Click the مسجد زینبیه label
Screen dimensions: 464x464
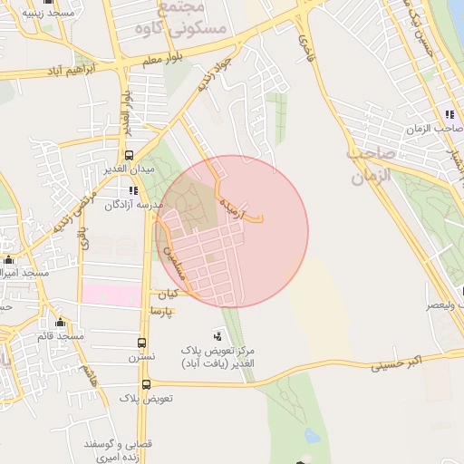32,14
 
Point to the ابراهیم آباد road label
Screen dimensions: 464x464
58,71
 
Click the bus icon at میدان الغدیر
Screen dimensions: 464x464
129,154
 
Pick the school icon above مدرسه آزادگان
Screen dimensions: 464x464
133,190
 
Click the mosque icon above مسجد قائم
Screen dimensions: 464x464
61,323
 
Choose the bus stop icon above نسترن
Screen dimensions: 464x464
141,343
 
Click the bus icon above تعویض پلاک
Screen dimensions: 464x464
146,384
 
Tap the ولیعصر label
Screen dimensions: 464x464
444,305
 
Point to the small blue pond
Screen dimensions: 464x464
313,436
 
